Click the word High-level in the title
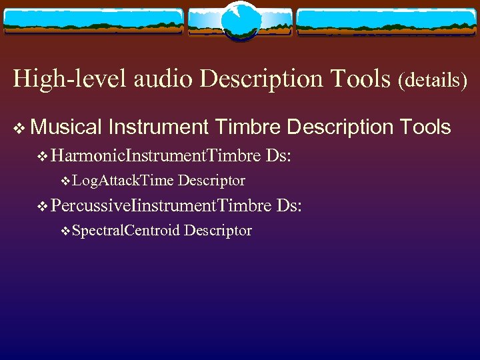(x=70, y=79)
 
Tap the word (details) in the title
(x=433, y=81)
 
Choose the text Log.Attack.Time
(x=123, y=181)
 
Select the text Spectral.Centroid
(x=126, y=231)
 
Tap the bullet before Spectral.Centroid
(x=65, y=231)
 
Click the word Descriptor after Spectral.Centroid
(x=218, y=231)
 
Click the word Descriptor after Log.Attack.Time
(x=211, y=181)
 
